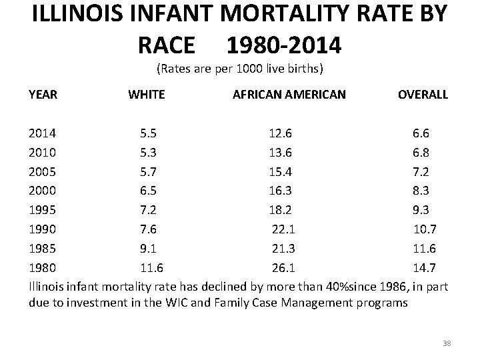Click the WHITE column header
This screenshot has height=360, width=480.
pyautogui.click(x=146, y=95)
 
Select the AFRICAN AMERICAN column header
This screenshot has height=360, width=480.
pyautogui.click(x=289, y=95)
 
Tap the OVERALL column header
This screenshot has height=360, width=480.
pyautogui.click(x=423, y=95)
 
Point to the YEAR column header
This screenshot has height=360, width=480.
pyautogui.click(x=43, y=95)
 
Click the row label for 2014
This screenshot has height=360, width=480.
pyautogui.click(x=42, y=133)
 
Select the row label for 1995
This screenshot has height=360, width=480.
pyautogui.click(x=42, y=211)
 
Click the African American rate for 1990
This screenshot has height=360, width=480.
pyautogui.click(x=283, y=230)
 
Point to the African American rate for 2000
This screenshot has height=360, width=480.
pyautogui.click(x=279, y=191)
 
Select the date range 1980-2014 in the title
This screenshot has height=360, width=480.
pyautogui.click(x=284, y=45)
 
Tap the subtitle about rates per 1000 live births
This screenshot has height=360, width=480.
pyautogui.click(x=239, y=69)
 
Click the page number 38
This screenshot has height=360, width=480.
pyautogui.click(x=447, y=343)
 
